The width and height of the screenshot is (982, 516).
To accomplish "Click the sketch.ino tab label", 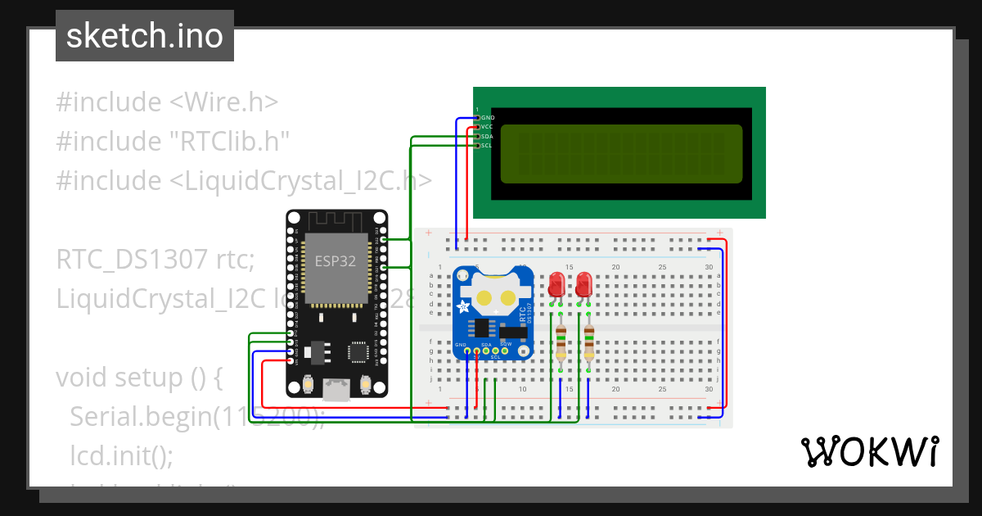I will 144,36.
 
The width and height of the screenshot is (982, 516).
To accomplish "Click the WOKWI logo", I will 868,451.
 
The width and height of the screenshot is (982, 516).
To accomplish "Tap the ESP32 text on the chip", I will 336,261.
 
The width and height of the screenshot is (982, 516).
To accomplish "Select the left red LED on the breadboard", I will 556,285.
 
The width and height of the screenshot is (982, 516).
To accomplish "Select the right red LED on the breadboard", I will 583,285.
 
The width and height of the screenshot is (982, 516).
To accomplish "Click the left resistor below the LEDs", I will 561,342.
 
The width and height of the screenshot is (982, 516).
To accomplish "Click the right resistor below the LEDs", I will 588,342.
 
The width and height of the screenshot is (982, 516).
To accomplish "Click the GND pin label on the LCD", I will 488,118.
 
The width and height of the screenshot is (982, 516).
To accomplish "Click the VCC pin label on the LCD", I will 487,127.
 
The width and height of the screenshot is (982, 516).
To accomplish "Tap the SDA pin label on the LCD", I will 487,136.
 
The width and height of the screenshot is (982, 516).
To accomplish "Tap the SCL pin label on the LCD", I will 487,146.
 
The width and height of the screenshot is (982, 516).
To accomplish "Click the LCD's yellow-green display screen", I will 621,153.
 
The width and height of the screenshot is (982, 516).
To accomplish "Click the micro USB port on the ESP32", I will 336,390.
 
